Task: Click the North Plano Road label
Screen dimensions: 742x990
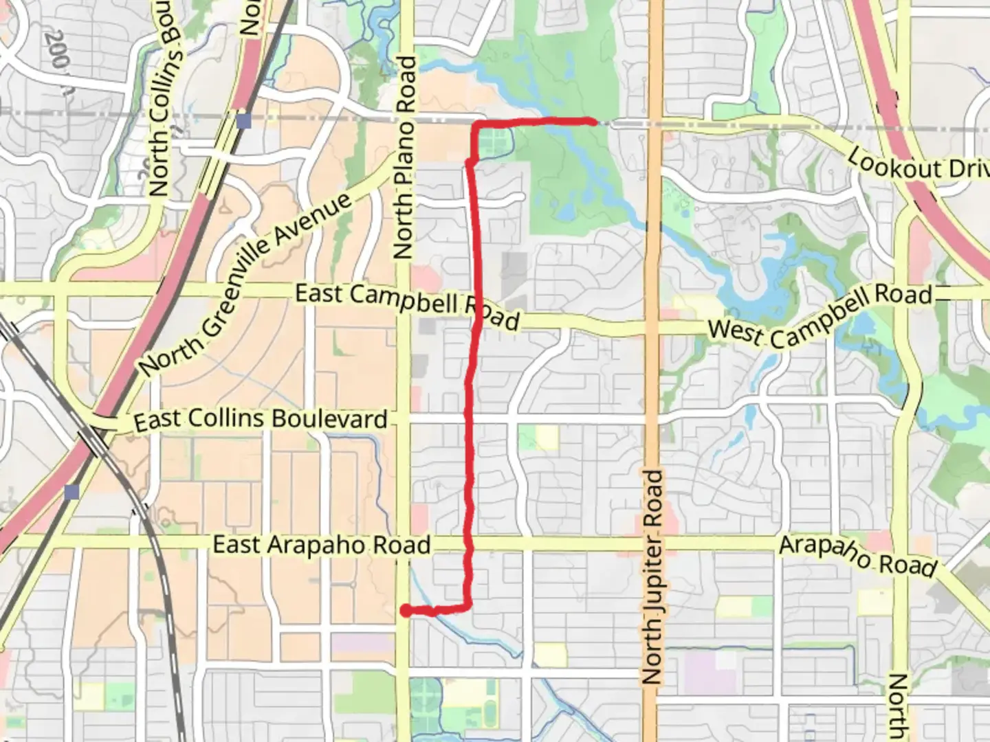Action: tap(406, 158)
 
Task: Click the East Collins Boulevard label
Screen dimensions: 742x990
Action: tap(261, 420)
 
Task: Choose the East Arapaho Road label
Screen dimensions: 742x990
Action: tap(321, 545)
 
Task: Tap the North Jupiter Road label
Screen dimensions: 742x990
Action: tap(652, 576)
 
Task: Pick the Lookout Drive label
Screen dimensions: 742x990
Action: tap(918, 164)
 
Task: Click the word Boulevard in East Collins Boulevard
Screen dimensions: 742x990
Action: tap(330, 419)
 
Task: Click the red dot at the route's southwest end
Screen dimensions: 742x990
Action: tap(406, 610)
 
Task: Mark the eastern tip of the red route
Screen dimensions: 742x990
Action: tap(593, 122)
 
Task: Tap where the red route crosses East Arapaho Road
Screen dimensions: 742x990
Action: tap(469, 544)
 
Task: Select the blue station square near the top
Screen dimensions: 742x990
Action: tap(243, 121)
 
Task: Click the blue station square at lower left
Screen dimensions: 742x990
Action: tap(72, 491)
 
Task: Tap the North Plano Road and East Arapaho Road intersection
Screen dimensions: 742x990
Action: tap(405, 544)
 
